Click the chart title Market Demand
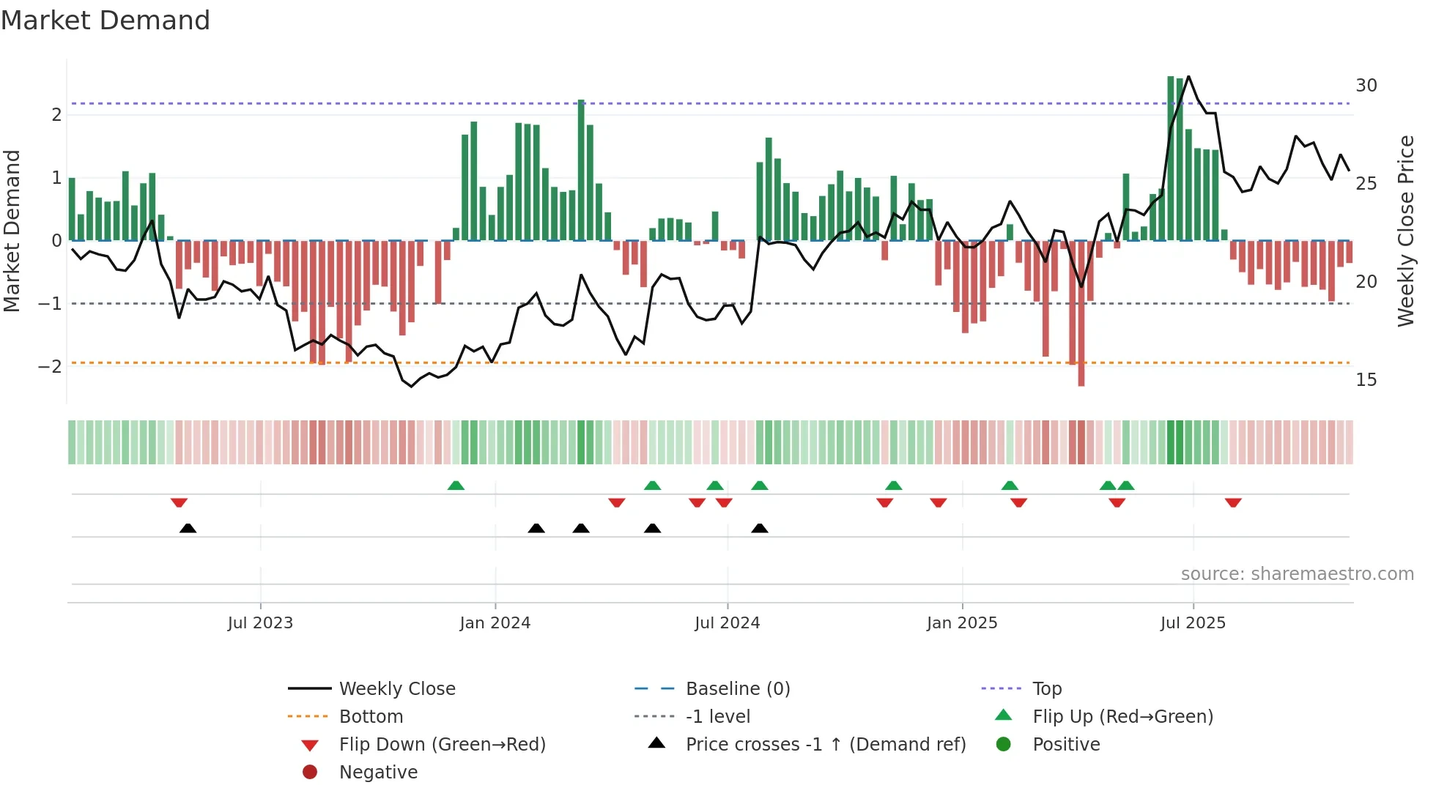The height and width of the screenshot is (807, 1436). click(106, 21)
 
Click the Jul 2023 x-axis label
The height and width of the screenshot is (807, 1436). click(260, 623)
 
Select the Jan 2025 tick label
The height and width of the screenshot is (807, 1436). click(961, 623)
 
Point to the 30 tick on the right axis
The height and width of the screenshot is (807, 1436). click(1366, 86)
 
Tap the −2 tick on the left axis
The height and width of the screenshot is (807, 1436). click(50, 366)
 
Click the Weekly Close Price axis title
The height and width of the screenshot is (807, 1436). click(1405, 231)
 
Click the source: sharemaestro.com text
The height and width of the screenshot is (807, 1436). click(1297, 574)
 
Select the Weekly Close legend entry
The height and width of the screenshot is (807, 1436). click(396, 689)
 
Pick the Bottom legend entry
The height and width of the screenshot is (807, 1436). click(371, 717)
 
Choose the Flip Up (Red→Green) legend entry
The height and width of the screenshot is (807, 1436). click(1122, 717)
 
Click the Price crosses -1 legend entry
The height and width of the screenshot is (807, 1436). click(825, 745)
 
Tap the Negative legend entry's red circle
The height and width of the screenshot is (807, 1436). click(310, 773)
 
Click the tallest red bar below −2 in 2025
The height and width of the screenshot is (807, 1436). click(1081, 315)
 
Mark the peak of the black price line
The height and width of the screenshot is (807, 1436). click(1188, 76)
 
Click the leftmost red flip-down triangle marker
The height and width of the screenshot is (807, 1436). click(179, 502)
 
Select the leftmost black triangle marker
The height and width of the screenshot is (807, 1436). click(188, 528)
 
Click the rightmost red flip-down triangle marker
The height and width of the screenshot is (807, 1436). click(1233, 502)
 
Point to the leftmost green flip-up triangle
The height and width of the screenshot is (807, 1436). click(456, 486)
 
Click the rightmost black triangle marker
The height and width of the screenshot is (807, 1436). click(760, 528)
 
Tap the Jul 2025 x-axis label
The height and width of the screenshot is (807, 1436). click(1193, 623)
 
